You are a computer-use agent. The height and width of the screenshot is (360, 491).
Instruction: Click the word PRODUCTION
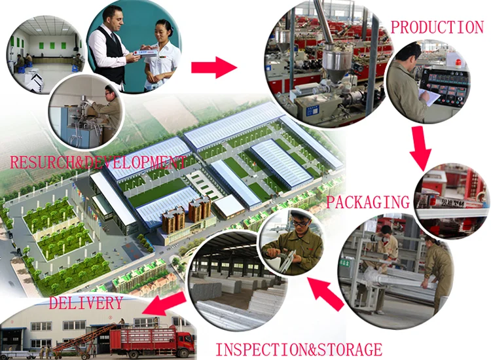pos(437,27)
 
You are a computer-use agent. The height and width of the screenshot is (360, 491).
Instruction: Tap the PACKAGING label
pos(367,201)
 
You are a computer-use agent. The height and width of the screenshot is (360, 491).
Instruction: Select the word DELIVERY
pos(86,303)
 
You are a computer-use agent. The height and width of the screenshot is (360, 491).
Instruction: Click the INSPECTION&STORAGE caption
pos(298,349)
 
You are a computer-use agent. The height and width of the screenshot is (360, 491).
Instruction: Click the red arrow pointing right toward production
pos(213,66)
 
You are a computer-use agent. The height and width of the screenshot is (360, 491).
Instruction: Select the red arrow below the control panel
pos(420,148)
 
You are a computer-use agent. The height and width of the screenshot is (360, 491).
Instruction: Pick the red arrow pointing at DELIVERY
pos(163,303)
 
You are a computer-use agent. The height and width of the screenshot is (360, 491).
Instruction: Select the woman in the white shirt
pos(161,52)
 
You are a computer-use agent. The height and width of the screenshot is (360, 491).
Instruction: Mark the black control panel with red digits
pos(445,88)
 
